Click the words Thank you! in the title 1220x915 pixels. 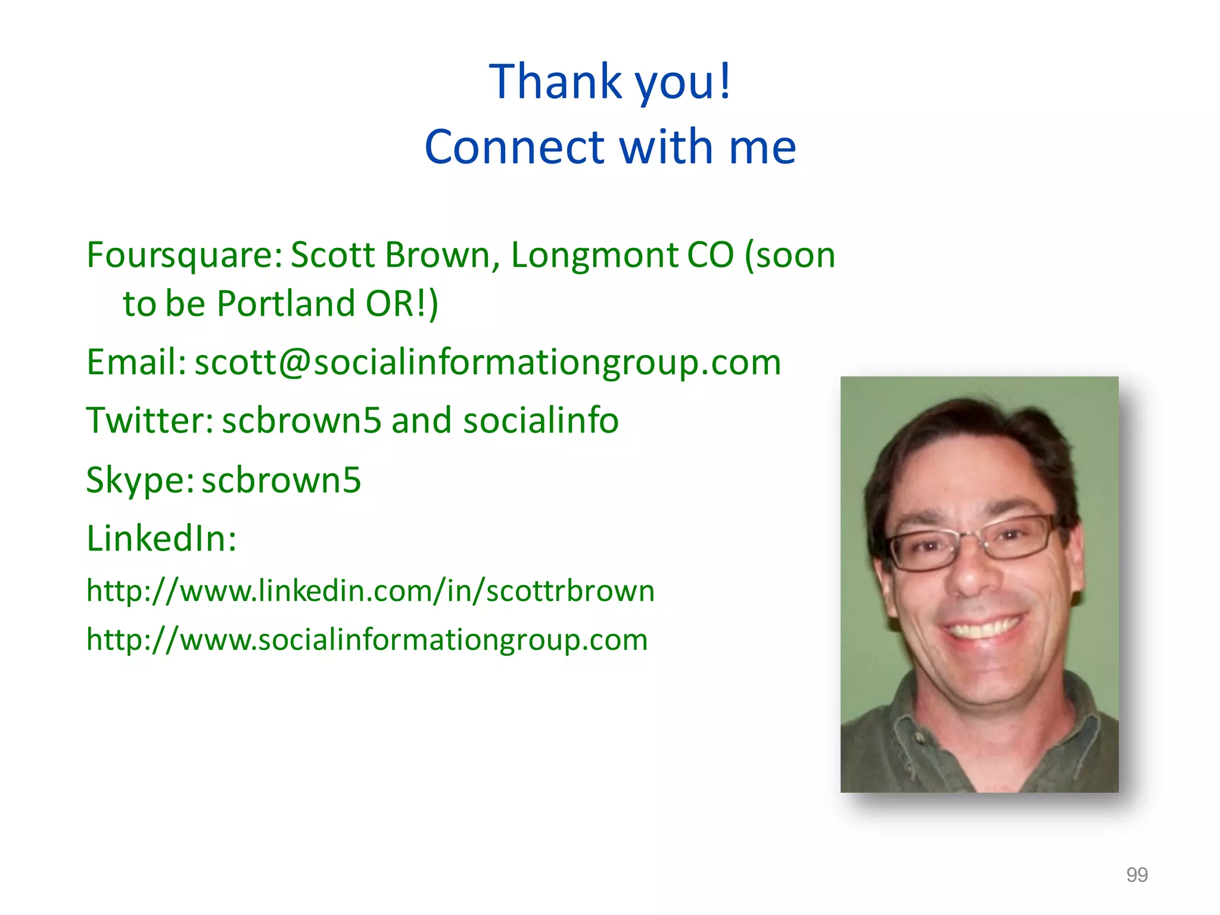coord(609,82)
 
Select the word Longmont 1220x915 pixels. coord(595,256)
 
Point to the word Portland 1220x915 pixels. coord(286,304)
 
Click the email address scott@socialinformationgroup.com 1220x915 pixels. coord(487,362)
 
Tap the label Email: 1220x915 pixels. coord(136,362)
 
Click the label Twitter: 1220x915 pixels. coord(150,421)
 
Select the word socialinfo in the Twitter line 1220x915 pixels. coord(540,421)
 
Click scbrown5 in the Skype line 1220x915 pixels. coord(281,480)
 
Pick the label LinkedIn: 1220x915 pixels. coord(161,539)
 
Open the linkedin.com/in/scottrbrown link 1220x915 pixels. coord(370,591)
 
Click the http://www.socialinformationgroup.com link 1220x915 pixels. coord(367,640)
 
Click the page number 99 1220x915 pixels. coord(1137,874)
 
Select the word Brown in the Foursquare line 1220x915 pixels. coord(437,256)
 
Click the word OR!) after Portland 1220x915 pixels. coord(402,304)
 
